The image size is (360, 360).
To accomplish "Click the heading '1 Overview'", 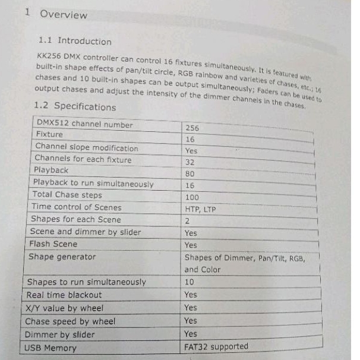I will [56, 14].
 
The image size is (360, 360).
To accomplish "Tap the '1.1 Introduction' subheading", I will [74, 41].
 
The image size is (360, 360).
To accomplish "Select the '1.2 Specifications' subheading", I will [75, 106].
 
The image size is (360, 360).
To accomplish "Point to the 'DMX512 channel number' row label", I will [84, 125].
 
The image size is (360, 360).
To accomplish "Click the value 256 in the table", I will [192, 128].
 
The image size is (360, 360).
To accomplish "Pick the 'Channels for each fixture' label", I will [83, 159].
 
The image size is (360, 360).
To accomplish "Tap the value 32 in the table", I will [190, 162].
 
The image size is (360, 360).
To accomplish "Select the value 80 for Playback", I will [190, 174].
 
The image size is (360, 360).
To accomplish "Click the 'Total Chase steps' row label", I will [67, 195].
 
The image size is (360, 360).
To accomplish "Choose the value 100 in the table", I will [192, 197].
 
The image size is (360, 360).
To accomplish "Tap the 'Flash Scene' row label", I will [53, 244].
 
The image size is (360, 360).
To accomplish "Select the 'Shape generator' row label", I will [62, 257].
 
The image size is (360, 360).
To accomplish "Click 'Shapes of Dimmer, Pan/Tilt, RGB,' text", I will [252, 258].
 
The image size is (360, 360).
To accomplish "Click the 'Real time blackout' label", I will [64, 295].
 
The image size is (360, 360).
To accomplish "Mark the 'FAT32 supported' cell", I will [216, 346].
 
